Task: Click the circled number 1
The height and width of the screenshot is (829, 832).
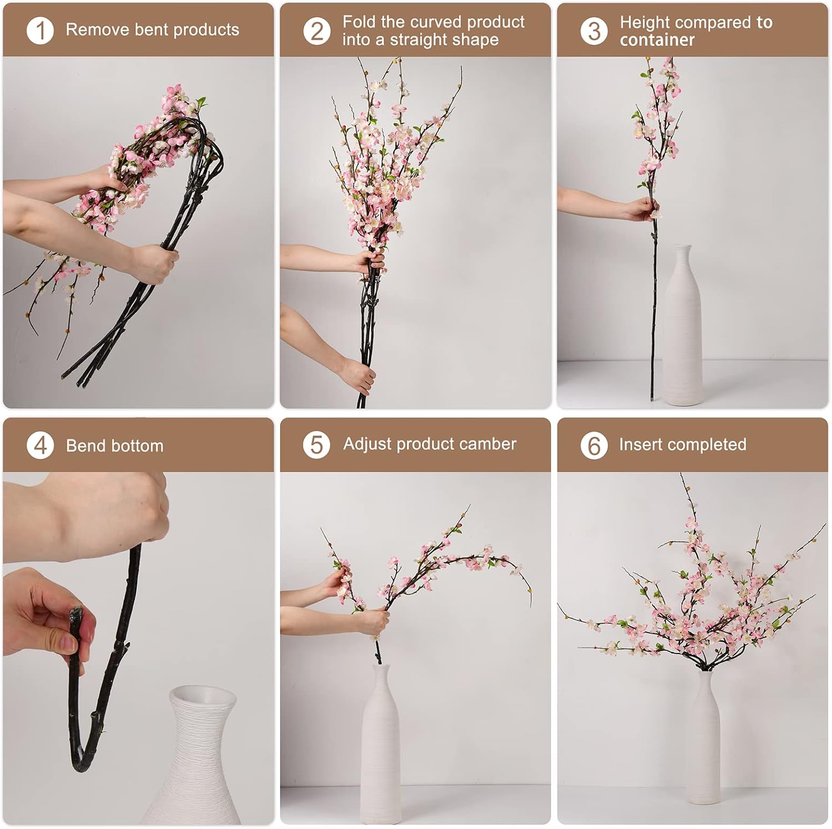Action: point(40,30)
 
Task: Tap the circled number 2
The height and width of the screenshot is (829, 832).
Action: point(317,30)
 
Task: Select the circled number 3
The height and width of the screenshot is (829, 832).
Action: point(594,30)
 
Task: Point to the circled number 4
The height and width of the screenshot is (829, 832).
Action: point(40,446)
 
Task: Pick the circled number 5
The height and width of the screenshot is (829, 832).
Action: point(317,444)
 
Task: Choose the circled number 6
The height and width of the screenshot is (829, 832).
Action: point(594,445)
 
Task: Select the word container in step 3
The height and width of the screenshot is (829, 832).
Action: point(657,40)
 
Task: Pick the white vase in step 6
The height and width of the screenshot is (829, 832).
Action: point(703,737)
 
